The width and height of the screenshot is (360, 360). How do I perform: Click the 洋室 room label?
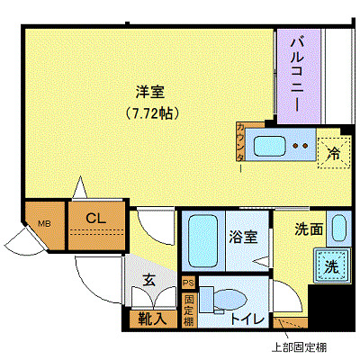(149, 91)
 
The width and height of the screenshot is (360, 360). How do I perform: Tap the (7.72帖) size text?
(149, 113)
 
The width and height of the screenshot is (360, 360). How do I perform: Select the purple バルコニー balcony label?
(295, 76)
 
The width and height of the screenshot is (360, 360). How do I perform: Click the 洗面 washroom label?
(310, 229)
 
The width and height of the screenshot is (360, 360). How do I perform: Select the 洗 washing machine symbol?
(329, 267)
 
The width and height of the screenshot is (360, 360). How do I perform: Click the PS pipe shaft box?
(188, 283)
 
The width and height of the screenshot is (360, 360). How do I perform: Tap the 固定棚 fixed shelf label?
(188, 309)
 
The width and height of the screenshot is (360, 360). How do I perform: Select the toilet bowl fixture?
(221, 297)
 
